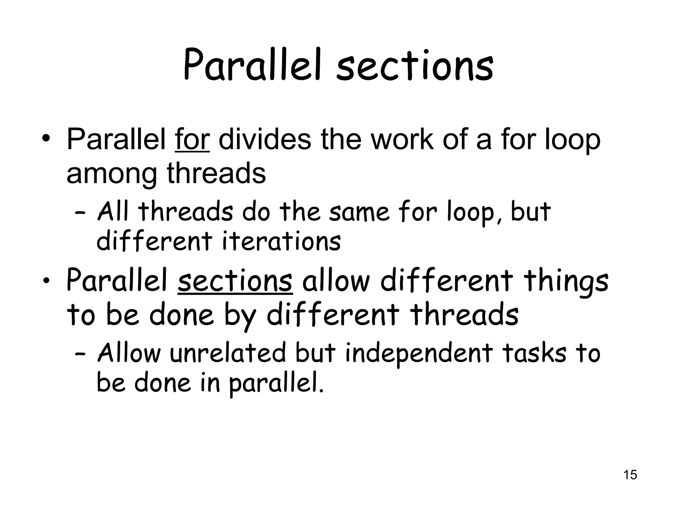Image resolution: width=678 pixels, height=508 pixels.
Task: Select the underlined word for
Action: point(192,140)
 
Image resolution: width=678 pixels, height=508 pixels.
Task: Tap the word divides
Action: point(265,140)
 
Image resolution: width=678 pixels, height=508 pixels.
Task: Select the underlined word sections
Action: point(235,281)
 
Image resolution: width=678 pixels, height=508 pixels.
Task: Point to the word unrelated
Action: point(228,353)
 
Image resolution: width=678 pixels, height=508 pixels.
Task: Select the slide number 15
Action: point(630,475)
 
